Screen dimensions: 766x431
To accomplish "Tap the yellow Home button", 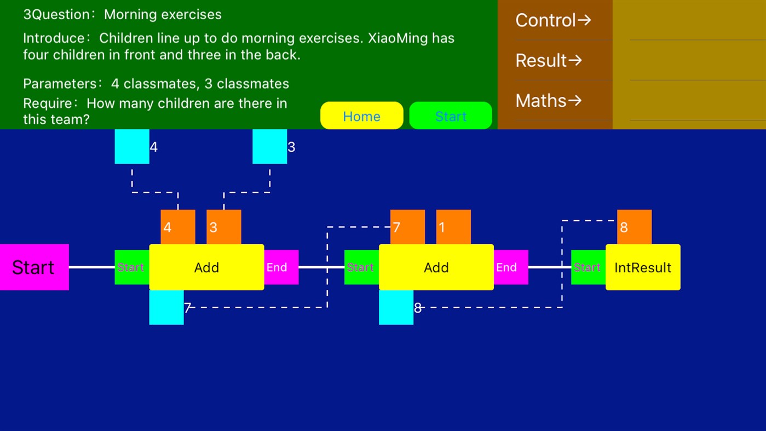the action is point(362,116).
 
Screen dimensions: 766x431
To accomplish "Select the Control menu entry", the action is point(553,20).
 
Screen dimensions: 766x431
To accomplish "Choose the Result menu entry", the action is point(549,61).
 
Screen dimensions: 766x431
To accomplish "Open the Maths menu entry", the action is point(549,101).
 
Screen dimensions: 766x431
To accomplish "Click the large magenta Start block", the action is point(34,267).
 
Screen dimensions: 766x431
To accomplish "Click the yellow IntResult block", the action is point(643,267).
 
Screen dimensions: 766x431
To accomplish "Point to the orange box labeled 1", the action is point(453,227).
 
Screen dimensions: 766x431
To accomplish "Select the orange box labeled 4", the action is point(178,227).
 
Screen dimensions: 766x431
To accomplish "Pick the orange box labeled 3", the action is point(223,227).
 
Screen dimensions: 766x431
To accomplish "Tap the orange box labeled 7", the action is point(407,227).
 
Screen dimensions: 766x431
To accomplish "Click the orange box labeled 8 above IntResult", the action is point(635,227).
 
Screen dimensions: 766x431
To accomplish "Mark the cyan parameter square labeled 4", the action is point(132,146).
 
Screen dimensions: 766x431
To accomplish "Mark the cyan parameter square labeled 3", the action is point(270,146).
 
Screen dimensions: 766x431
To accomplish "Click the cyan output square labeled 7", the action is point(166,308).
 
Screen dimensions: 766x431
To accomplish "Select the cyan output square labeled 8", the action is point(396,308).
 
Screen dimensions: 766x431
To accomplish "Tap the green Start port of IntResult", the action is point(589,267).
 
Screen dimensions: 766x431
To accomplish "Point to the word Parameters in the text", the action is point(60,84).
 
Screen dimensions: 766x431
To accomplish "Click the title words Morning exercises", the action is point(163,15).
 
